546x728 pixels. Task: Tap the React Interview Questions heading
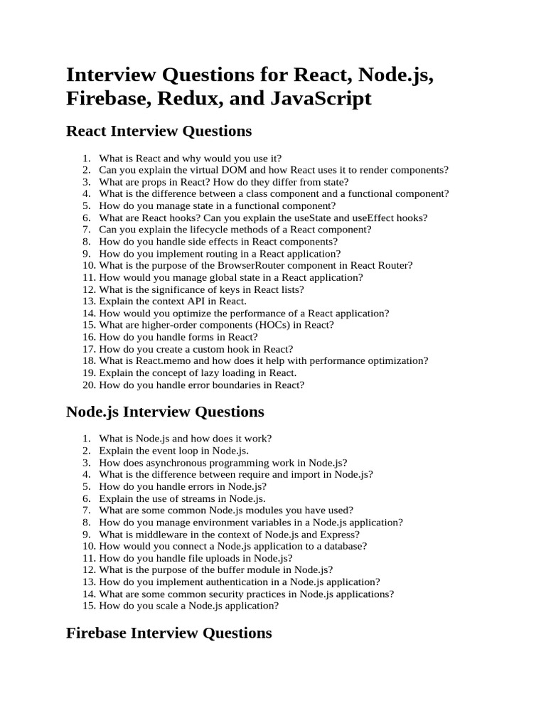pos(159,131)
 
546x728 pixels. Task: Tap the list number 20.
pos(88,385)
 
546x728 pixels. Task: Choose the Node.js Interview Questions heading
pos(164,412)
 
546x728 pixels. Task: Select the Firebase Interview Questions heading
pos(168,633)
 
